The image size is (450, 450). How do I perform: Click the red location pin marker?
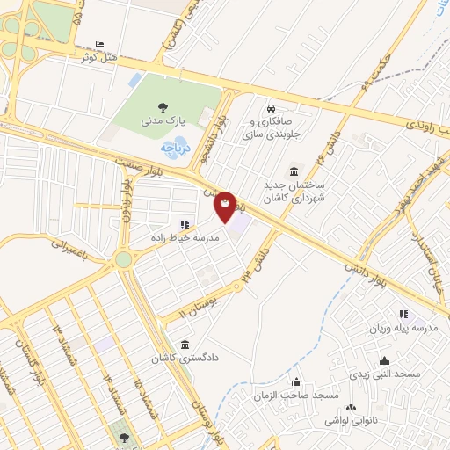[x=226, y=207]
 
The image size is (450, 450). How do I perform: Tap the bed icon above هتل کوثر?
[x=98, y=44]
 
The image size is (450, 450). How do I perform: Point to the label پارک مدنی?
[x=166, y=121]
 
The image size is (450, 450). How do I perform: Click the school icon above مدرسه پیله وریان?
[x=403, y=314]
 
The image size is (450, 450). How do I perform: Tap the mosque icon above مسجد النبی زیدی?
[x=383, y=359]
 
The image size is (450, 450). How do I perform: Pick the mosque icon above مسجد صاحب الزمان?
[x=298, y=381]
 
